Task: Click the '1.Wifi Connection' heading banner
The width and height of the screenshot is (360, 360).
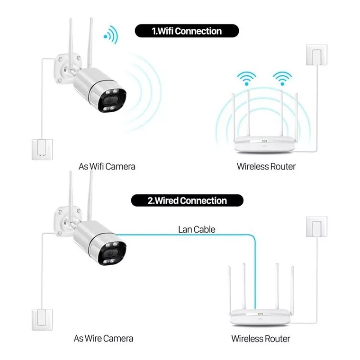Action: (x=186, y=31)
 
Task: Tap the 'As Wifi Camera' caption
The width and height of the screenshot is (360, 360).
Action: (x=107, y=166)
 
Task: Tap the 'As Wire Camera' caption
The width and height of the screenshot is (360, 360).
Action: (x=103, y=338)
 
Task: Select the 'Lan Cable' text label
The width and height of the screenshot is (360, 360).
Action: (x=197, y=230)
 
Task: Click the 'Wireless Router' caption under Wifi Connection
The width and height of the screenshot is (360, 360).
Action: (x=266, y=166)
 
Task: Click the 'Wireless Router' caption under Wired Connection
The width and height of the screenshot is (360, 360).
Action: (x=261, y=338)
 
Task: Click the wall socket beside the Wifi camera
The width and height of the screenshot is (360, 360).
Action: (x=42, y=149)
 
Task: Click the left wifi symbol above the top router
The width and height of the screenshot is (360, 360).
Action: (x=247, y=77)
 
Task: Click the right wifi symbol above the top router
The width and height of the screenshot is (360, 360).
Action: (x=283, y=77)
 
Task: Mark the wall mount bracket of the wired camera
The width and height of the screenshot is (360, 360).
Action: (x=63, y=216)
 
